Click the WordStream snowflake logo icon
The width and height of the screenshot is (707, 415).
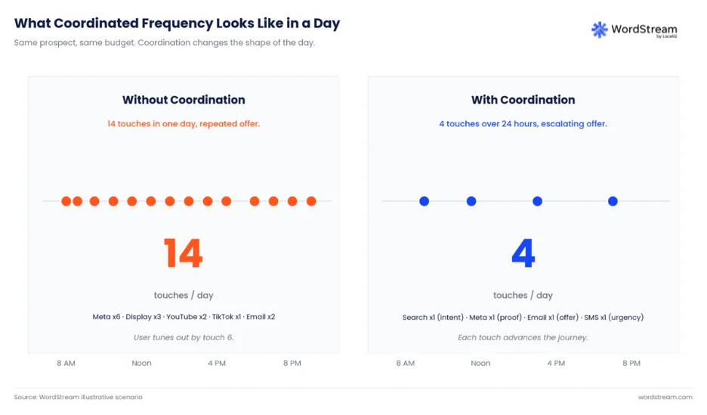click(599, 29)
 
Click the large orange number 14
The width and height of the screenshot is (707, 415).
click(183, 253)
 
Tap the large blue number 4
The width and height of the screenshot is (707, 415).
click(523, 253)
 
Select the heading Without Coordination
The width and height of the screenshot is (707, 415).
click(184, 100)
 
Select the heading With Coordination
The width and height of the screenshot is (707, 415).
click(523, 100)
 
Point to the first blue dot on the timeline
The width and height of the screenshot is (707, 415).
click(425, 201)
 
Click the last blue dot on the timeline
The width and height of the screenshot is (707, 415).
click(613, 201)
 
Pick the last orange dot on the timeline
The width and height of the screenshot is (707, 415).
click(311, 201)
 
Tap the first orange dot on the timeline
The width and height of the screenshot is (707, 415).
click(66, 201)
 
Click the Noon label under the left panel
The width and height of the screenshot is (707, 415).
click(141, 363)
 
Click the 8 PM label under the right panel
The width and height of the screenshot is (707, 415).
click(631, 363)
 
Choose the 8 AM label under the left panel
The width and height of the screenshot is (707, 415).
click(66, 363)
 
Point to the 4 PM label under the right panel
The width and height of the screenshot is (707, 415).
click(556, 363)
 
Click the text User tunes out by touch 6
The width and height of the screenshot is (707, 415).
click(184, 337)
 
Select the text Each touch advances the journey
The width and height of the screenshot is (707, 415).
click(523, 337)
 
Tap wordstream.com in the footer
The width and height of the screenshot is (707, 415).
click(665, 397)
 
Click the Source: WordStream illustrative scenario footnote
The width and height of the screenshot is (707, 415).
click(78, 397)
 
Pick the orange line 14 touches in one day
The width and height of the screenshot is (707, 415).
click(184, 124)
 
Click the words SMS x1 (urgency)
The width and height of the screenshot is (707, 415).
click(614, 317)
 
